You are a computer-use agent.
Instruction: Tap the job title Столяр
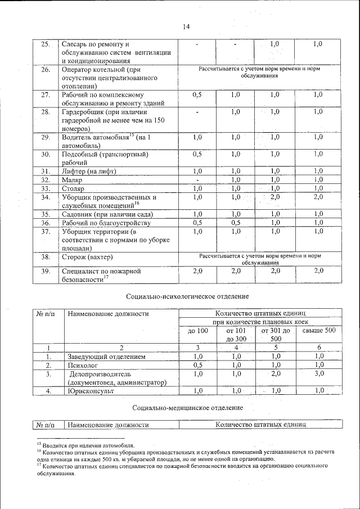pos(74,188)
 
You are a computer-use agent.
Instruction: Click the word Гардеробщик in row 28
pos(84,112)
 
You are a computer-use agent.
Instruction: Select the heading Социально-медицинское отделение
pos(188,407)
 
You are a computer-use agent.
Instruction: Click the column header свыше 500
pos(318,330)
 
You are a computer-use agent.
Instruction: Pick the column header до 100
pos(197,331)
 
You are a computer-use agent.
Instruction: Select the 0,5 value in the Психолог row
pos(197,365)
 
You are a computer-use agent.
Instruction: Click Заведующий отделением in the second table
pos(107,357)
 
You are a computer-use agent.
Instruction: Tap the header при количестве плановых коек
pos(258,321)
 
